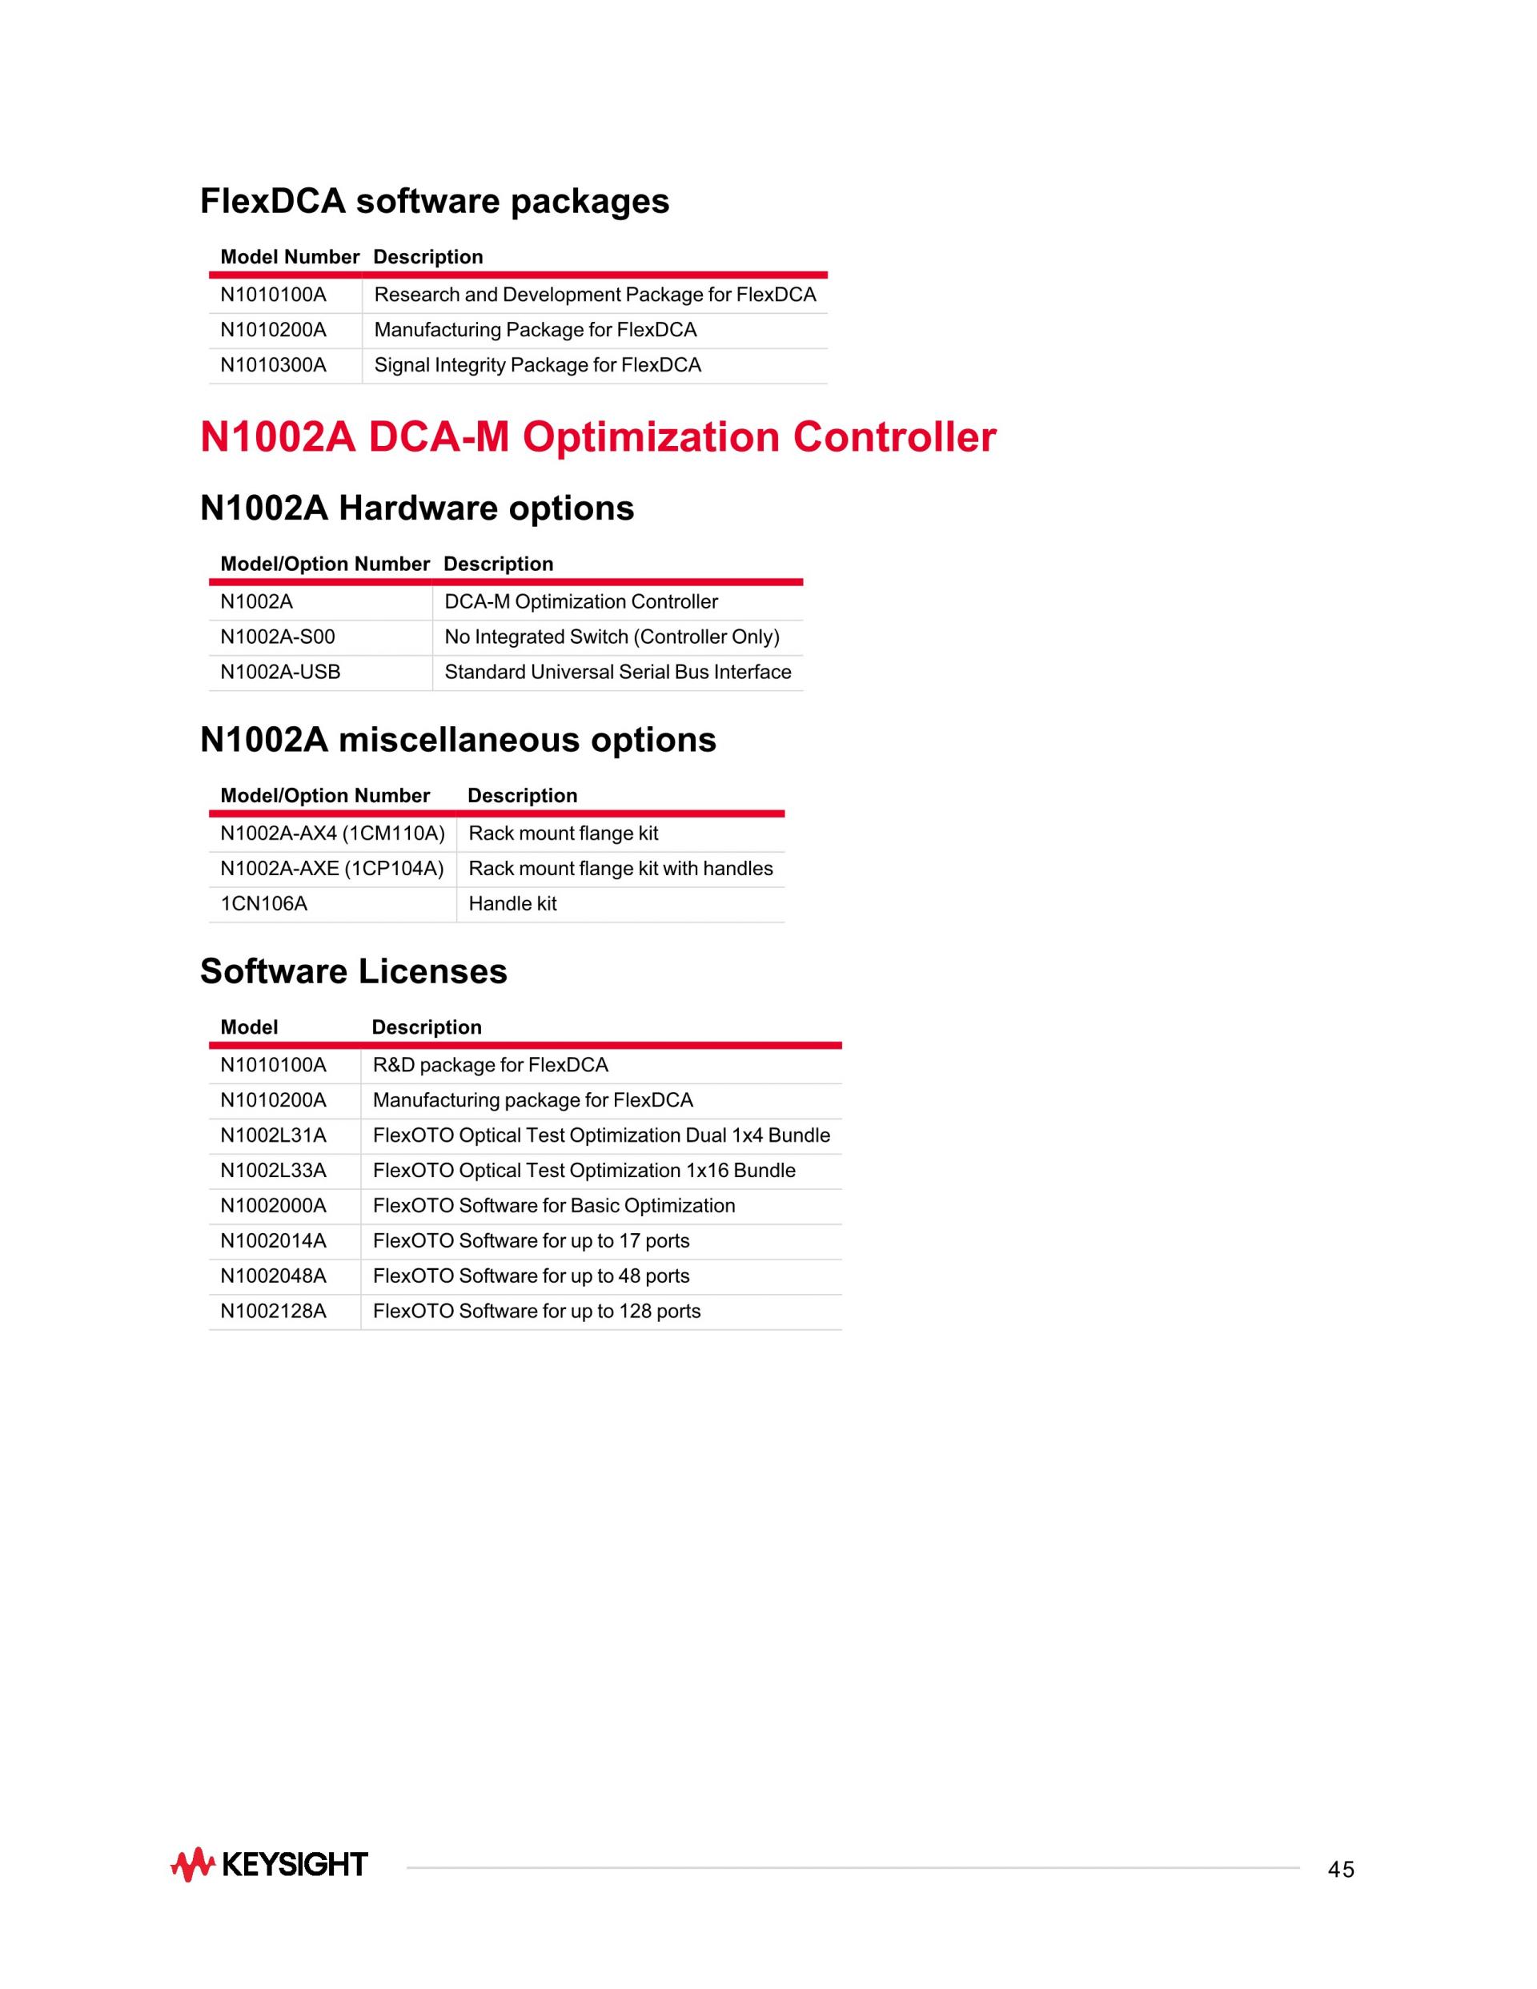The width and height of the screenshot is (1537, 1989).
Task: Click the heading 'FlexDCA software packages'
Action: point(435,201)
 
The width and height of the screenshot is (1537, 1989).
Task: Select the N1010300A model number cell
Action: point(273,365)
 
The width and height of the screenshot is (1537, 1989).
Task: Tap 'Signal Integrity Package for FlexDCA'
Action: point(537,365)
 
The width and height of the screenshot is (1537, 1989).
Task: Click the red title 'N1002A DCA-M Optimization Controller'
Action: point(597,437)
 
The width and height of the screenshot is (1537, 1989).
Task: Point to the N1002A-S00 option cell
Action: point(278,637)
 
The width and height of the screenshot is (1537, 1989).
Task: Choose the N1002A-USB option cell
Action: point(280,672)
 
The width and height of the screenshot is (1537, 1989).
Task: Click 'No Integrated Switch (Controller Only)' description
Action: point(612,637)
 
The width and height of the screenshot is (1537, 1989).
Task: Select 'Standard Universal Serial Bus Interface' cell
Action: point(617,672)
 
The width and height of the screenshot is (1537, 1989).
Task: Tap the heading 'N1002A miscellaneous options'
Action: point(458,740)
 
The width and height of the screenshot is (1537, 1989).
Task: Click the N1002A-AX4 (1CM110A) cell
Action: point(332,834)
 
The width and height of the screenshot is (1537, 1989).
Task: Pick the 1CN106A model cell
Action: point(264,903)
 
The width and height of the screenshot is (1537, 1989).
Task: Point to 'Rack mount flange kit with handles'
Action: point(620,869)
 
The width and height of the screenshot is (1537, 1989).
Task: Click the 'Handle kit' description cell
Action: point(512,903)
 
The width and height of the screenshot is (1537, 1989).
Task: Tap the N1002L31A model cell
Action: point(273,1135)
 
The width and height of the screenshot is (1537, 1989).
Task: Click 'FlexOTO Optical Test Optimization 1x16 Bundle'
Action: point(584,1171)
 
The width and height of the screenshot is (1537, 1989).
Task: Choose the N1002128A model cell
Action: point(273,1312)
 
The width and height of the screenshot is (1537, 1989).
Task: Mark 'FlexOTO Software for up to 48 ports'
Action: point(531,1276)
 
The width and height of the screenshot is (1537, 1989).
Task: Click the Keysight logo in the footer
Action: point(270,1865)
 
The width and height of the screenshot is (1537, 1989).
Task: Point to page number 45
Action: point(1340,1870)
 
